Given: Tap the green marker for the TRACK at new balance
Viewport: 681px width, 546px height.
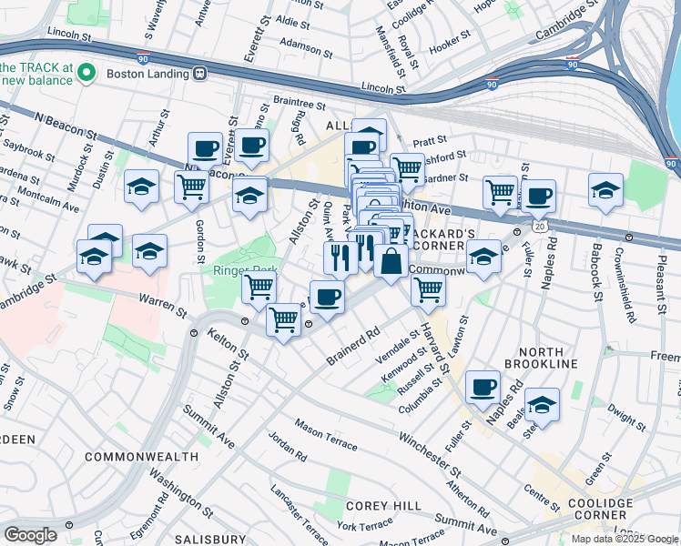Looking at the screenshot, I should (87, 72).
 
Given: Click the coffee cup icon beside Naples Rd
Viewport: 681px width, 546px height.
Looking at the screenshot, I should (483, 387).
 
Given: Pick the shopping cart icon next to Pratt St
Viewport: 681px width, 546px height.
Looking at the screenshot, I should (407, 168).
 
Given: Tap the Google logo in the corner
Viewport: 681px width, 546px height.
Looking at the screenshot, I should (30, 535).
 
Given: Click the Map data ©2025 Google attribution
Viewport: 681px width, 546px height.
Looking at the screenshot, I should (625, 539).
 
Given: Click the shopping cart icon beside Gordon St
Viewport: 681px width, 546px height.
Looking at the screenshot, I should (191, 187).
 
